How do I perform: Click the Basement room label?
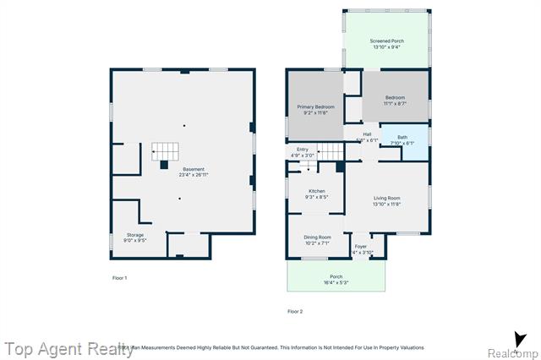(193, 169)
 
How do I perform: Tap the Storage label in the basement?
(135, 234)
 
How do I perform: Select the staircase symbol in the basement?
(167, 152)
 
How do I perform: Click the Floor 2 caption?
(295, 311)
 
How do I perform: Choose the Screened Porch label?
(387, 41)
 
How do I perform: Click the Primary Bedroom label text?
(315, 106)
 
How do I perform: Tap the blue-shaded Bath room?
(403, 139)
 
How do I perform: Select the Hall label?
(367, 134)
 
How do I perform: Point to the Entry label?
(303, 150)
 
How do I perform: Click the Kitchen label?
(317, 191)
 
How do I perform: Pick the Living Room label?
(387, 199)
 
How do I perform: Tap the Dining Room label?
(317, 237)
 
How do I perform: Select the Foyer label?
(362, 247)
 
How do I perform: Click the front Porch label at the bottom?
(336, 276)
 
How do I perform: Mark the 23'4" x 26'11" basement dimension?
(193, 175)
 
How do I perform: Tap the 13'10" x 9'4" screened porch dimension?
(387, 47)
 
